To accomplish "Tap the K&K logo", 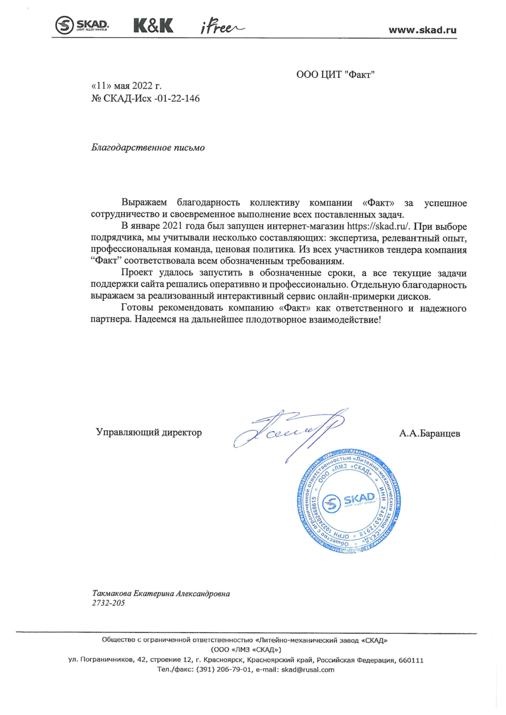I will [153, 25].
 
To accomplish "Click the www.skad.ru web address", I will [422, 30].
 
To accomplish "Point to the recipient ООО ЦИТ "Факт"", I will [335, 75].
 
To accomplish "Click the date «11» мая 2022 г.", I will [126, 86].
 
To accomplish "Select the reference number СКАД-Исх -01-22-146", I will [151, 98].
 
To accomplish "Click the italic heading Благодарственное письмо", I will [148, 147].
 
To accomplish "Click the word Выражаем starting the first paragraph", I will [144, 203].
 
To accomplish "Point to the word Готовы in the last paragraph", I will [137, 308].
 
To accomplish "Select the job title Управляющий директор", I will [149, 432].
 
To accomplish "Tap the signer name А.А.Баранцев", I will [430, 433].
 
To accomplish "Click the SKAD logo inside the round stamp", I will [349, 501].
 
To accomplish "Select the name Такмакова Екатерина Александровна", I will [161, 593].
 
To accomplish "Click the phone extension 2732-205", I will [109, 603].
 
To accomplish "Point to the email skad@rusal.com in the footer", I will [308, 669].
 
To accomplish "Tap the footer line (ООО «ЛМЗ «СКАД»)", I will [246, 650].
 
